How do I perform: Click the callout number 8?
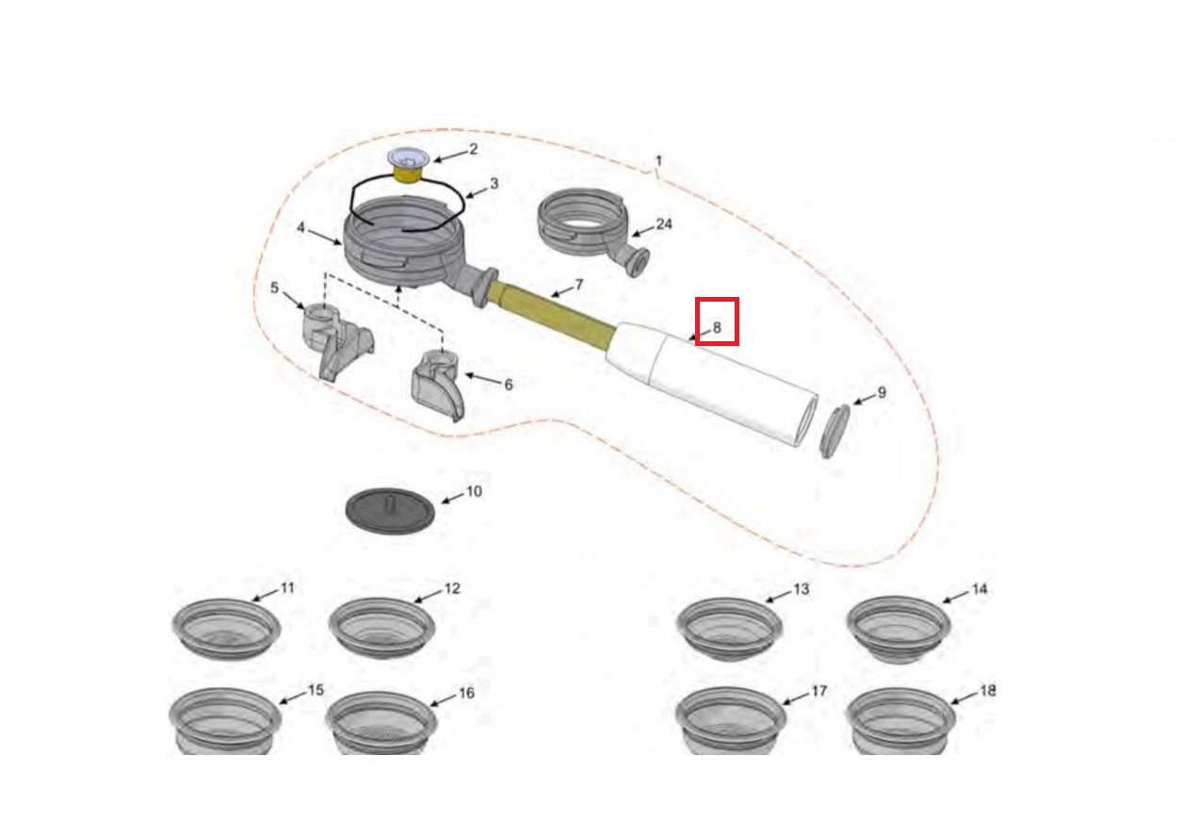click(718, 327)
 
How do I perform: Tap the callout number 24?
click(664, 224)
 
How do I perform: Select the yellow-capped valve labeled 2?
click(406, 166)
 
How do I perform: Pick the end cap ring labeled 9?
click(834, 432)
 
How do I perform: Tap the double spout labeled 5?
click(335, 340)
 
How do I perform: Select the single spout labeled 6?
click(436, 385)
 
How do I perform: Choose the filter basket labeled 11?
click(226, 628)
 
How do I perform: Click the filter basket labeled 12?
click(381, 628)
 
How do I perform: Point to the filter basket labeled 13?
click(730, 629)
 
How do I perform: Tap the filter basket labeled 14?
click(899, 629)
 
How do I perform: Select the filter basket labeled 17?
click(731, 721)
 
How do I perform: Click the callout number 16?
click(467, 693)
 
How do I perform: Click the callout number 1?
click(659, 161)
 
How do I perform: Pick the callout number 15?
click(316, 690)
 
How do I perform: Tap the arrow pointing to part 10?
click(452, 499)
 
